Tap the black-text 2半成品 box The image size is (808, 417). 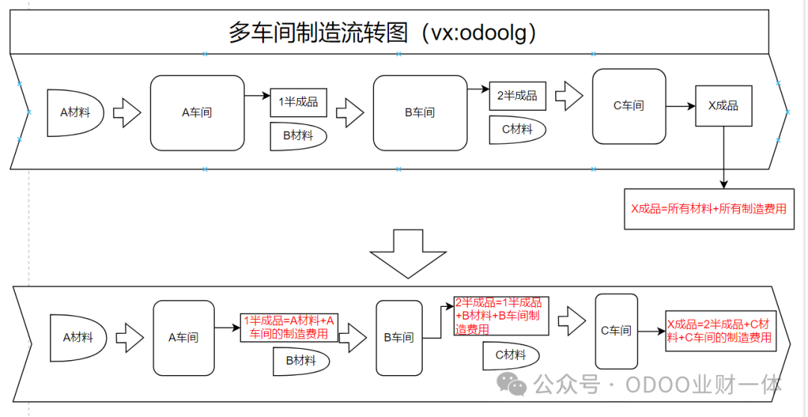tap(517, 96)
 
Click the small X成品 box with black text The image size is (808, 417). tap(723, 106)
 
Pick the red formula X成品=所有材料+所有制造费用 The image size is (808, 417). tap(708, 209)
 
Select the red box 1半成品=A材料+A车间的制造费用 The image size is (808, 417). tap(289, 327)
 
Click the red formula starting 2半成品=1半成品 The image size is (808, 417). tap(501, 316)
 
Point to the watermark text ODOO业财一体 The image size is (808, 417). tap(703, 386)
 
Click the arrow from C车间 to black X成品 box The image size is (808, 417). tap(680, 106)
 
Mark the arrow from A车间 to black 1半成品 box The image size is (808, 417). tap(257, 96)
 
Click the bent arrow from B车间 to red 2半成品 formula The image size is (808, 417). tap(438, 322)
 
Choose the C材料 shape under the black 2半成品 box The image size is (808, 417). tap(517, 130)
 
